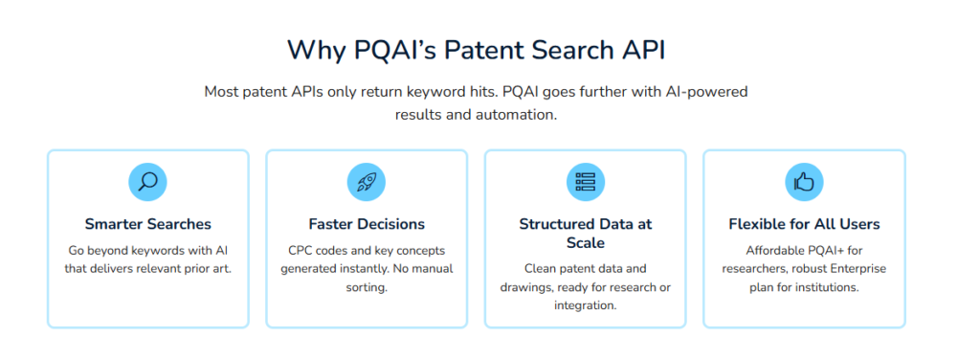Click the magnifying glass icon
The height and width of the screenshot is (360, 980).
pyautogui.click(x=147, y=181)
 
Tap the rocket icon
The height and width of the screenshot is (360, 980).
pyautogui.click(x=366, y=181)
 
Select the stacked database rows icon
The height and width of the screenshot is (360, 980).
pyautogui.click(x=585, y=181)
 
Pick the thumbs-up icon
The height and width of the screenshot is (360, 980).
pyautogui.click(x=804, y=181)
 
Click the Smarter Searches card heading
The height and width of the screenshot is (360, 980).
pyautogui.click(x=147, y=224)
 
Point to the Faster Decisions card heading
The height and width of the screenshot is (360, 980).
pyautogui.click(x=367, y=224)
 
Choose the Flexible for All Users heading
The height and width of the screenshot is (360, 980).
pyautogui.click(x=804, y=224)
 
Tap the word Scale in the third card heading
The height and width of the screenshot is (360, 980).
pyautogui.click(x=585, y=243)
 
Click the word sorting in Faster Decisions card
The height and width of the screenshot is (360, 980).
pyautogui.click(x=367, y=287)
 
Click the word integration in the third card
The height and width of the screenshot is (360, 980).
pyautogui.click(x=585, y=305)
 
